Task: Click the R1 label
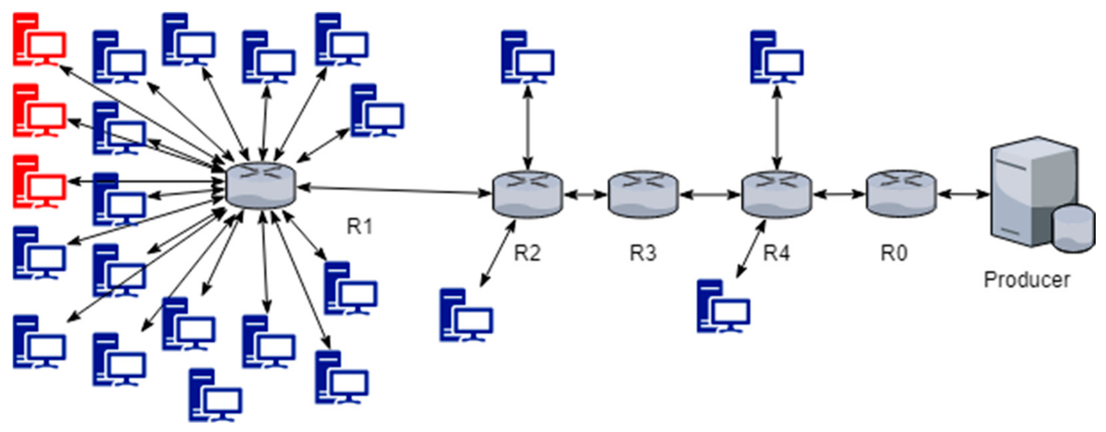359,227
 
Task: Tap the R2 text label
527,253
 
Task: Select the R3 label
643,253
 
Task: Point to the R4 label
776,253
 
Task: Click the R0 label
894,253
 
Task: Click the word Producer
1026,280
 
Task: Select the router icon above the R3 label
643,194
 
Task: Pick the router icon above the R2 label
527,194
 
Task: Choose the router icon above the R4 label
776,194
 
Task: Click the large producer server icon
1031,193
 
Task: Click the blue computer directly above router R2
527,57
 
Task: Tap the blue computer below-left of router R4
723,306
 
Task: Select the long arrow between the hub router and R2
395,190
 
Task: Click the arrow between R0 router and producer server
963,194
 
